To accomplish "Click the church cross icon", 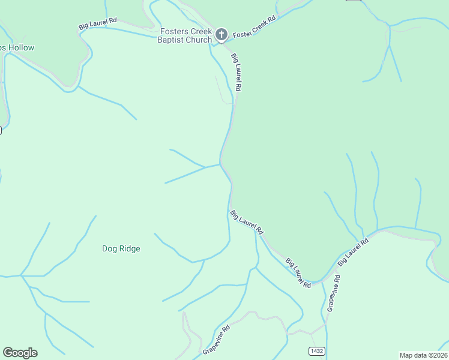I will click(221, 35).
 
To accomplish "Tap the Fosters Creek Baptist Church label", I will click(186, 35).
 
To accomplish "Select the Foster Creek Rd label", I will click(254, 27).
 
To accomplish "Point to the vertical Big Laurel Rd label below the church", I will click(237, 72).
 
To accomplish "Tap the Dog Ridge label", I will click(121, 248).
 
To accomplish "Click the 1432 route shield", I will click(318, 350).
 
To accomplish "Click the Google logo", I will click(20, 352).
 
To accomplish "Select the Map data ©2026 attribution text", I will click(424, 355).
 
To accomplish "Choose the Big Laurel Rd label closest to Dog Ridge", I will click(247, 221).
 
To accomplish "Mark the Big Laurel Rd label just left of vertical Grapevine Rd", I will click(298, 272).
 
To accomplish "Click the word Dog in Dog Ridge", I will click(109, 248).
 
